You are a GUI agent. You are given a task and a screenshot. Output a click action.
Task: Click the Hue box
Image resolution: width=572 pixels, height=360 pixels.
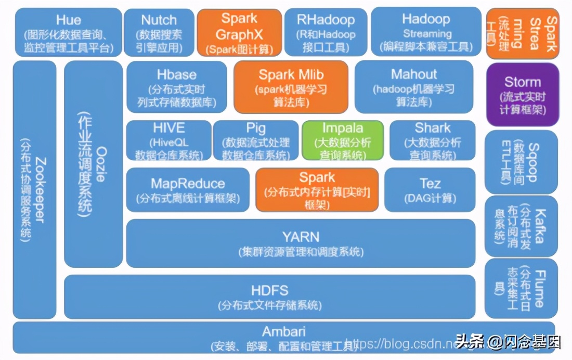tap(68, 33)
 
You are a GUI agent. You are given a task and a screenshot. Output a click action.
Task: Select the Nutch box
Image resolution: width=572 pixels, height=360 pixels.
tap(159, 33)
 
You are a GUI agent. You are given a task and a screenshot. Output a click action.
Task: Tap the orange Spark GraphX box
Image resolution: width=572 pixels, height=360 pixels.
tap(239, 33)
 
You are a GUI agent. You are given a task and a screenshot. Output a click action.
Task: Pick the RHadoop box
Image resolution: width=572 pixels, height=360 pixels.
tap(326, 33)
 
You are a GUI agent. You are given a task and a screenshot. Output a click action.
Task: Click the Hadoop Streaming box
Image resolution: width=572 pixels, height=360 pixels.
tap(426, 32)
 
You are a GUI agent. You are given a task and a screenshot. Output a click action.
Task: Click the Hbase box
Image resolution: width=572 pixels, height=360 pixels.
tap(176, 87)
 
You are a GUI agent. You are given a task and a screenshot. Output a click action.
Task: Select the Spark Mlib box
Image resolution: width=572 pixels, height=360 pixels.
tap(291, 87)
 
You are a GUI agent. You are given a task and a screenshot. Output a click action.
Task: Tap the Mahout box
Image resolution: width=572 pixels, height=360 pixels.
tap(414, 87)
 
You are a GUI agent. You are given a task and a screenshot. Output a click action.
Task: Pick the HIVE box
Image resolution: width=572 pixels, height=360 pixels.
tap(168, 140)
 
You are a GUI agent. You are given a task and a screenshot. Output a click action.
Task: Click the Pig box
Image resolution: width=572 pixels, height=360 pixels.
tap(256, 140)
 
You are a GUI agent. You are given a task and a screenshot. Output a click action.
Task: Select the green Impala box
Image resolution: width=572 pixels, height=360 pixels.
tap(343, 140)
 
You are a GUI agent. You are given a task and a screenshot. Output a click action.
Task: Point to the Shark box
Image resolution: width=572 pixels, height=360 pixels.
tap(432, 140)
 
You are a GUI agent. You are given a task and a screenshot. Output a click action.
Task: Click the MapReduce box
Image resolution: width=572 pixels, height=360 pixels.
tap(188, 189)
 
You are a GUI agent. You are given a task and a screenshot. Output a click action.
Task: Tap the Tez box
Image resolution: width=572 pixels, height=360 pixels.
tap(430, 189)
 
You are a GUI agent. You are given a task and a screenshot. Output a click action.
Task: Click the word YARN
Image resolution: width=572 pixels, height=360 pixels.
tap(301, 237)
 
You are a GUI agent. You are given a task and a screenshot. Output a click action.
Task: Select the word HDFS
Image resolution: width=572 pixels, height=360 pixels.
tap(269, 291)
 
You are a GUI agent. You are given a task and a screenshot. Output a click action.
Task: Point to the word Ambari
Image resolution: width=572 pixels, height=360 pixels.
tap(283, 331)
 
